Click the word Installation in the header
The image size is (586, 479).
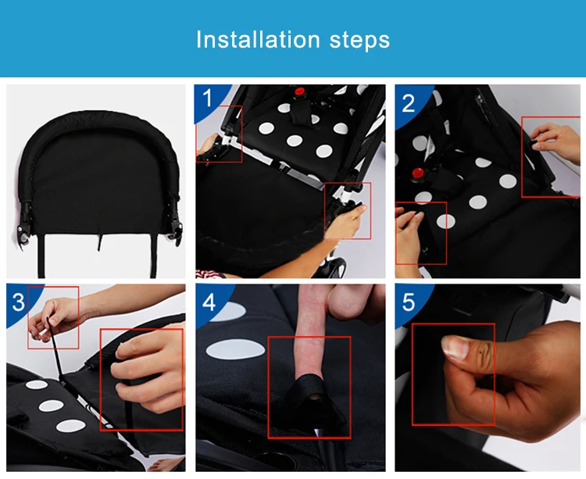tap(259, 39)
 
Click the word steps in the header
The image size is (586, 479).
tap(359, 40)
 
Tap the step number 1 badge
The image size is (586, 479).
tap(207, 98)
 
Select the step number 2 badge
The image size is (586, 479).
tap(408, 102)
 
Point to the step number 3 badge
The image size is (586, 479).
tap(18, 302)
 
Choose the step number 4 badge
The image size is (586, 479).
tap(209, 302)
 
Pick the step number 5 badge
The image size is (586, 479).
tap(409, 302)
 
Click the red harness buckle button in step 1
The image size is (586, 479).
tap(299, 91)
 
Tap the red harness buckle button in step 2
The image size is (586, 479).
tap(418, 173)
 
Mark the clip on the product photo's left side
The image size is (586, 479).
tap(24, 223)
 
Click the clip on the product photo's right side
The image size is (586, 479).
tap(175, 222)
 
